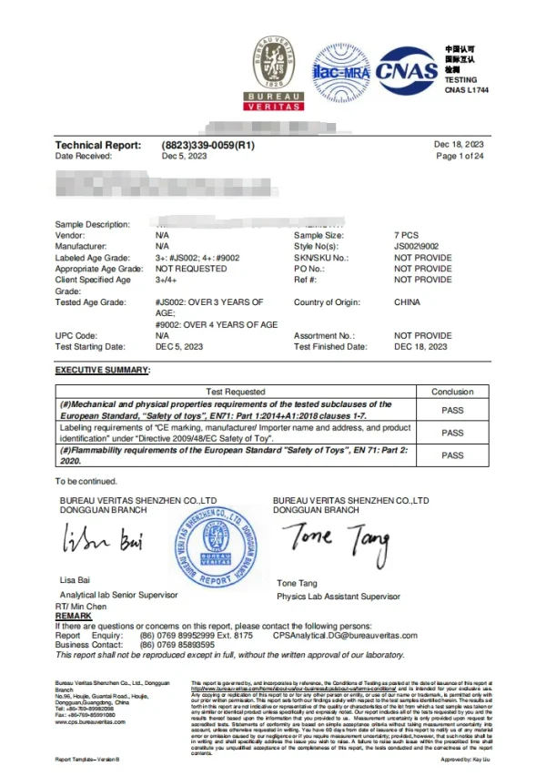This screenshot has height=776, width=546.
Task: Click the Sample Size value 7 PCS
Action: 407,235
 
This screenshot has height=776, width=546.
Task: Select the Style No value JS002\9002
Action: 417,246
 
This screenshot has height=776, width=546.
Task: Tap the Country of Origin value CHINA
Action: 407,301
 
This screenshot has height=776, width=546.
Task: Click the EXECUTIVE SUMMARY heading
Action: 103,369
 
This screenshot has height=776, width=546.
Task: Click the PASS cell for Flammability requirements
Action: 452,455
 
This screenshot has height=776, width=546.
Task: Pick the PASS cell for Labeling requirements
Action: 452,433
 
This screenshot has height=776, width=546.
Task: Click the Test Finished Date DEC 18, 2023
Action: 420,346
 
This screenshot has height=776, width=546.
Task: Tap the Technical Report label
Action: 98,145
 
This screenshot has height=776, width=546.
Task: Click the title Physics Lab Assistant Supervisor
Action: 338,597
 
